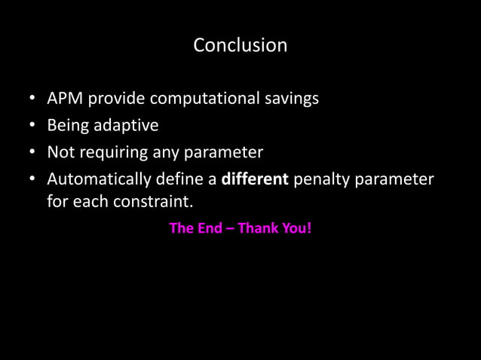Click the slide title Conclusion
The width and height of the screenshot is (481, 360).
click(x=240, y=46)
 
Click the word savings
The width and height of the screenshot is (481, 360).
click(x=290, y=99)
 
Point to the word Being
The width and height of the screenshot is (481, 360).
click(x=67, y=126)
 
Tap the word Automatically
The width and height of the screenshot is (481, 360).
click(x=98, y=181)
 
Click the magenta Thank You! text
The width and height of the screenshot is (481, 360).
click(x=274, y=227)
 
